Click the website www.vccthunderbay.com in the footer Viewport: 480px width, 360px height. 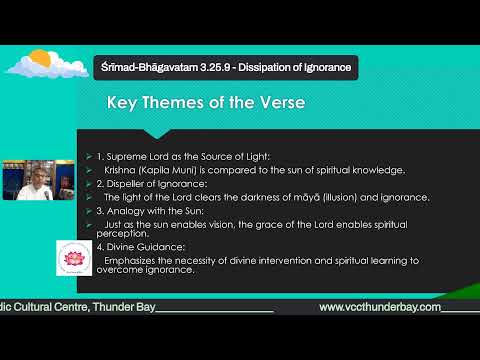pyautogui.click(x=380, y=306)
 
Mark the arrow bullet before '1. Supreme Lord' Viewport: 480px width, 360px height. pyautogui.click(x=88, y=158)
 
